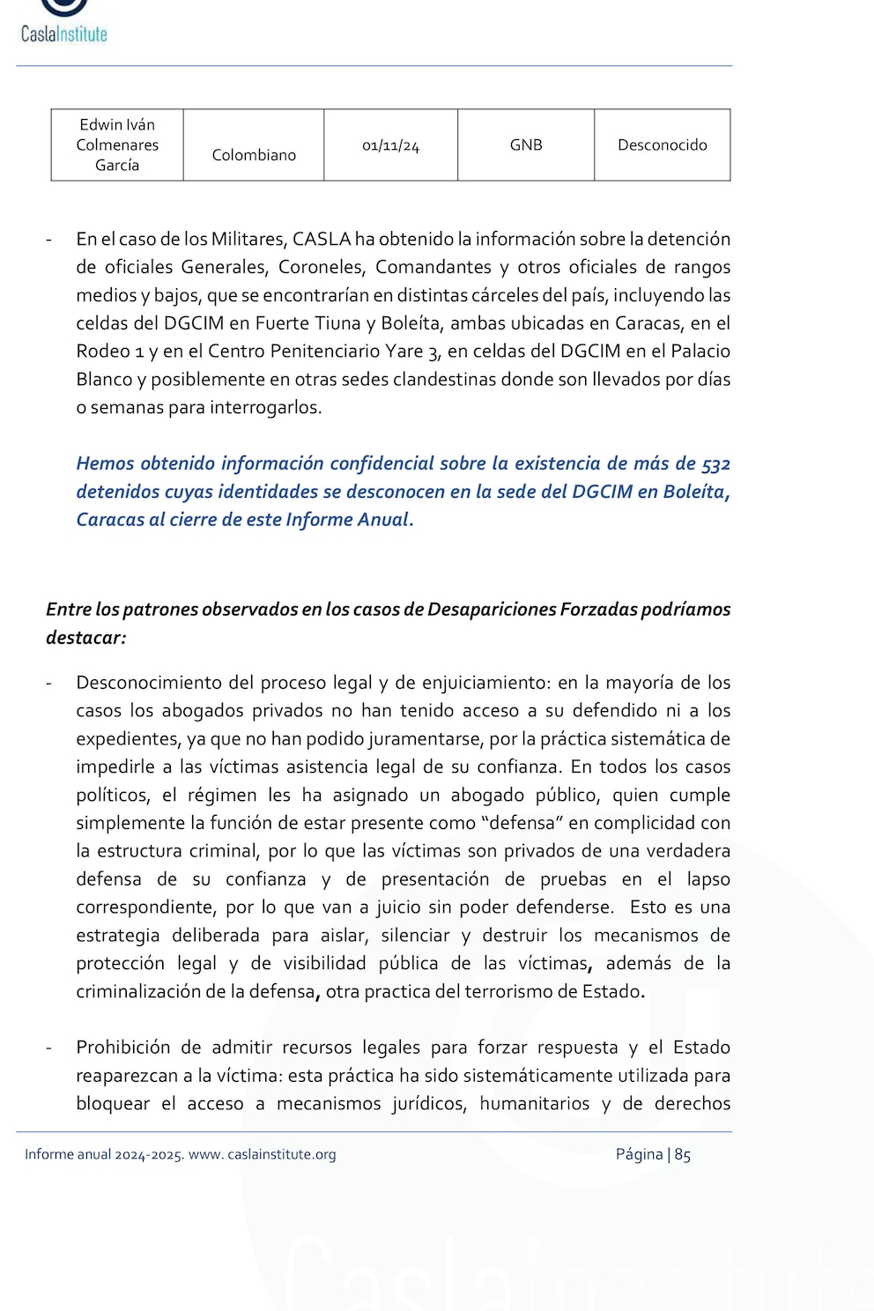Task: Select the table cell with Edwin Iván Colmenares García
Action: pos(117,144)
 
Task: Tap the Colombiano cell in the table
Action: pos(254,155)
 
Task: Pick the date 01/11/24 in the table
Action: pos(390,145)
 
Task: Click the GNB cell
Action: pos(526,144)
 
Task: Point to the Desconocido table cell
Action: pos(662,144)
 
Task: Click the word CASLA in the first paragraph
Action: pos(322,239)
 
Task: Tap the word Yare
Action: pos(404,351)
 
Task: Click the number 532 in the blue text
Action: pos(715,463)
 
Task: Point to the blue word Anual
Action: pos(385,519)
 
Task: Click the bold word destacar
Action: pos(85,637)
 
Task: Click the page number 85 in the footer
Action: pos(683,1154)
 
